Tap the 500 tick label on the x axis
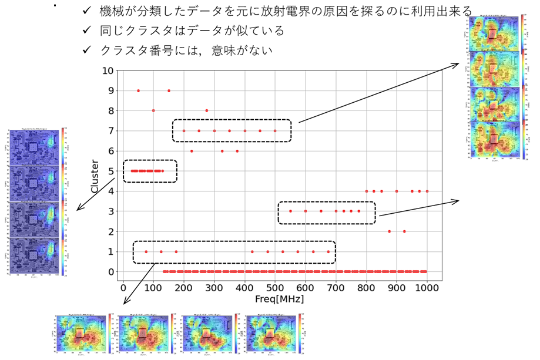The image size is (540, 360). pos(275,287)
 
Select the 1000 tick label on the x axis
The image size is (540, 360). pos(427,287)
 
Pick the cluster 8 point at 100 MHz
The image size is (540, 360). pos(153,110)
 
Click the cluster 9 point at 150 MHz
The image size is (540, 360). pos(169,90)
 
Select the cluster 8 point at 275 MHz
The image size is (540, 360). pos(207,110)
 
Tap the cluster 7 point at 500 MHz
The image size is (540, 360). pos(275,130)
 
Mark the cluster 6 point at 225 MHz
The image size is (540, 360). pos(192,151)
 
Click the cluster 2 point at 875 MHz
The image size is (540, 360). pos(389,231)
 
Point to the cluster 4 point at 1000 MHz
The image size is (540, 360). pos(427,191)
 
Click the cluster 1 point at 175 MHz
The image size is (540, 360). pos(176,251)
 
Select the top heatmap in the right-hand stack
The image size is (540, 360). pos(495,33)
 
